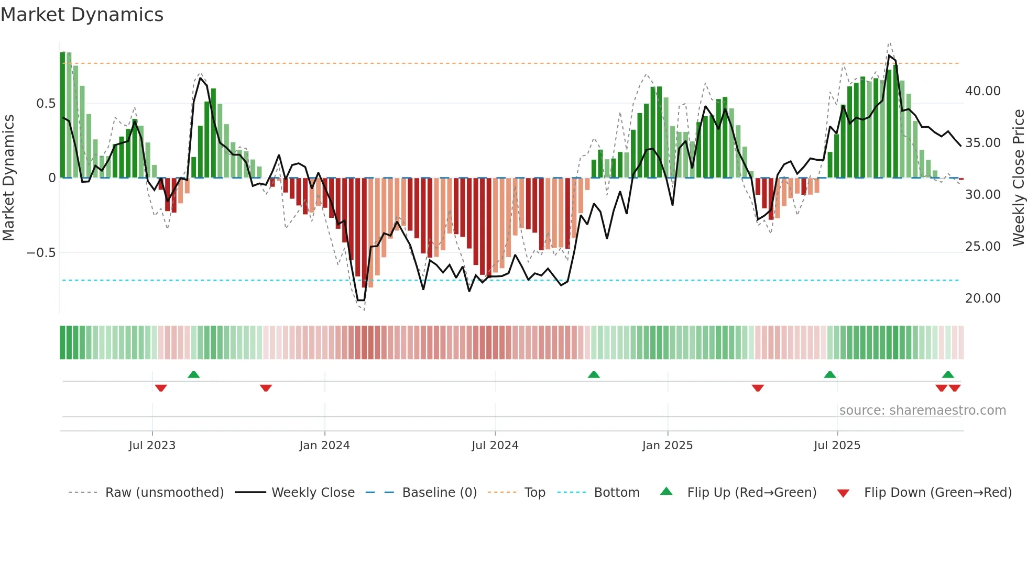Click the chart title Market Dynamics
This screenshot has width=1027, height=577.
pyautogui.click(x=82, y=15)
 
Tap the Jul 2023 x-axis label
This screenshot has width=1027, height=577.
pyautogui.click(x=152, y=445)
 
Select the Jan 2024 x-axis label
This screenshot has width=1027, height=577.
pyautogui.click(x=324, y=445)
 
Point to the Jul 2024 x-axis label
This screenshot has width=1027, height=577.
pyautogui.click(x=495, y=445)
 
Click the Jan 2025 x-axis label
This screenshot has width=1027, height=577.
pyautogui.click(x=667, y=445)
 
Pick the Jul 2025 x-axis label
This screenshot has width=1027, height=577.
pyautogui.click(x=837, y=445)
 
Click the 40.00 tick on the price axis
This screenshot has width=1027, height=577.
pyautogui.click(x=982, y=91)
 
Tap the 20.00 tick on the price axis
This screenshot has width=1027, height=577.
pyautogui.click(x=982, y=298)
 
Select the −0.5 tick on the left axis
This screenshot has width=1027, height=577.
pyautogui.click(x=41, y=253)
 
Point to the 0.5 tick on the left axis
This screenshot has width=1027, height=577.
pyautogui.click(x=46, y=104)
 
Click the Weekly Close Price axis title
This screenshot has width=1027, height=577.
pyautogui.click(x=1018, y=178)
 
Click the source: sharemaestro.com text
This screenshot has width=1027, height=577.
pyautogui.click(x=922, y=410)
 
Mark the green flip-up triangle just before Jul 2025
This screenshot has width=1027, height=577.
pyautogui.click(x=829, y=375)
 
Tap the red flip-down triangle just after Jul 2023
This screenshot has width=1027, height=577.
pyautogui.click(x=161, y=388)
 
